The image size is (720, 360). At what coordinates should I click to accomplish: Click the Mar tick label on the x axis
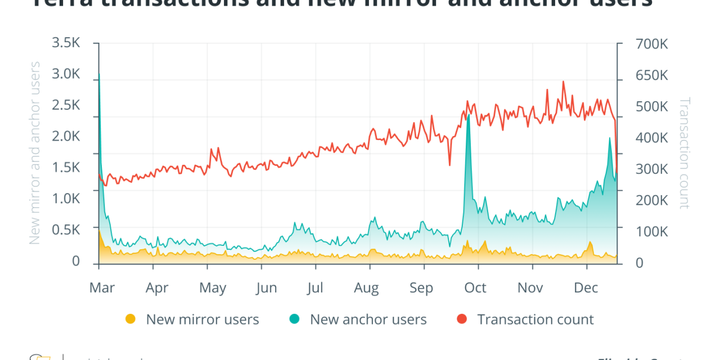point(102,288)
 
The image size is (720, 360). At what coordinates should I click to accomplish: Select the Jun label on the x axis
point(266,288)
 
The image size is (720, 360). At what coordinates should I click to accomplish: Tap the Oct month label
point(475,288)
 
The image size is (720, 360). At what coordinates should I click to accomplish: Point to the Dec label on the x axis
point(586,288)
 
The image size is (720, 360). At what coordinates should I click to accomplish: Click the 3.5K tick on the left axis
point(66,43)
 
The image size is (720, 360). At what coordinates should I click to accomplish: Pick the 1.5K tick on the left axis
point(66,168)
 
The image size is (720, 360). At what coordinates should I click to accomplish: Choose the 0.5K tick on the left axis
point(66,230)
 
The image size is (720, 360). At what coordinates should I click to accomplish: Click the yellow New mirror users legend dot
point(130,319)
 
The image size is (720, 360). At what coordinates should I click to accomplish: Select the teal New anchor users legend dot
point(294,319)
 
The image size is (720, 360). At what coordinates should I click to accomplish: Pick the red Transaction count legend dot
point(462,319)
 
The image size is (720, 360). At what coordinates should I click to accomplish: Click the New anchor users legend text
point(368,319)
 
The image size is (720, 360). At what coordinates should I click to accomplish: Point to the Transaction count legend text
point(535,319)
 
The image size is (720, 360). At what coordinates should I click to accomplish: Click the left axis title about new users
point(35,153)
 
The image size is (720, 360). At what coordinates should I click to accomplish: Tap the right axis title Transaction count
point(684,153)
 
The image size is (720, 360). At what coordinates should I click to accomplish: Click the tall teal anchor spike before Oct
point(469,115)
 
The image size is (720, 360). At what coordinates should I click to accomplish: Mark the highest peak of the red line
point(563,82)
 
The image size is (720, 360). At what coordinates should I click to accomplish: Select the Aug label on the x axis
point(366,288)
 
